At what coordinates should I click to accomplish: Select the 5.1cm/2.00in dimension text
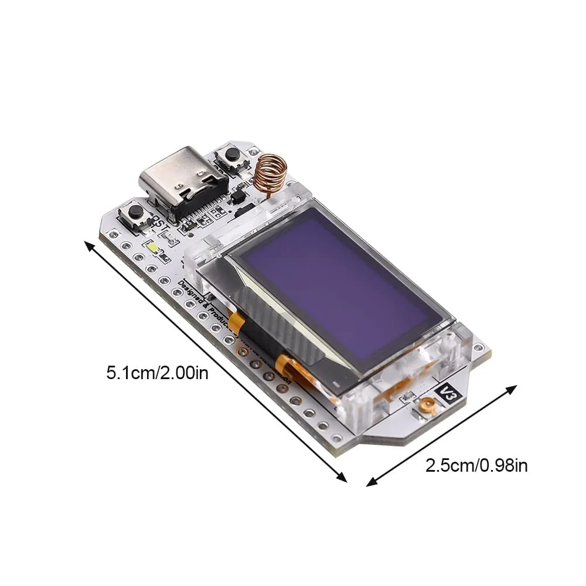[157, 373]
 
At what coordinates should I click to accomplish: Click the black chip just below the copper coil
[237, 198]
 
